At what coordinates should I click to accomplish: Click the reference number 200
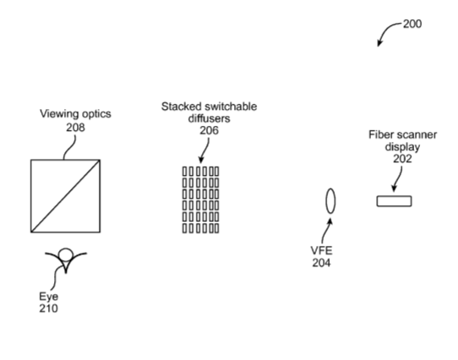tap(412, 24)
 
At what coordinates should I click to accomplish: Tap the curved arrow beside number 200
tap(385, 30)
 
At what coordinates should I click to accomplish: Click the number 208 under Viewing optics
tap(75, 128)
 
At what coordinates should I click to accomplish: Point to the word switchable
tap(231, 106)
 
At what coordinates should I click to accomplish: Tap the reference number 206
tap(209, 130)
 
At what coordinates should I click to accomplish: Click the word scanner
tap(417, 135)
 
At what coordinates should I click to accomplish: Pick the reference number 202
tap(402, 159)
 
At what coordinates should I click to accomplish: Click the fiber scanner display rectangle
tap(394, 201)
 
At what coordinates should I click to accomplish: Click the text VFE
tap(321, 251)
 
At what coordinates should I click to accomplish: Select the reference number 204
tap(321, 263)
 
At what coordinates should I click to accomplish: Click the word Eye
tap(48, 297)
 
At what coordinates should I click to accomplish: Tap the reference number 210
tap(48, 308)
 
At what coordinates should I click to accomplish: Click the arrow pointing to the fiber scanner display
tap(398, 179)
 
